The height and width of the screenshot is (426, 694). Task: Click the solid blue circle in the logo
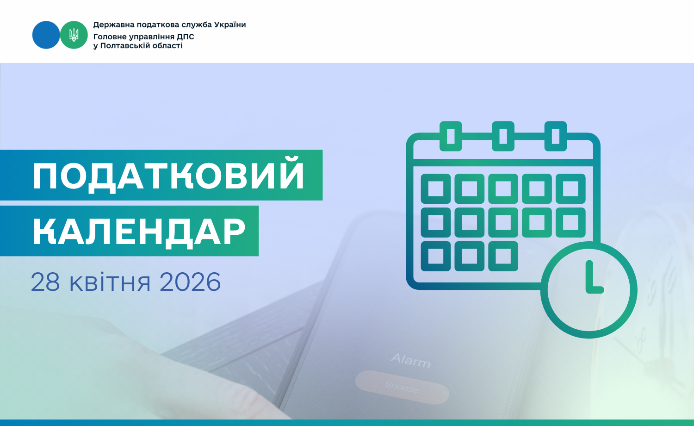point(46,35)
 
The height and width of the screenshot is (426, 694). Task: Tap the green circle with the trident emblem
point(74,35)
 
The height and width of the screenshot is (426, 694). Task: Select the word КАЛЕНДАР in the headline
point(139,232)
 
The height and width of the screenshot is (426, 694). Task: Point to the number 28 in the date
point(45,282)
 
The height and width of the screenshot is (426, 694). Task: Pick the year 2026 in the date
point(190,282)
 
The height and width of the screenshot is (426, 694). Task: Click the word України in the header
point(230,25)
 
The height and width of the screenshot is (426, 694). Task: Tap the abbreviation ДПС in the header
point(185,37)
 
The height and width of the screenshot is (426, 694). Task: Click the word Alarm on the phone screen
point(411,361)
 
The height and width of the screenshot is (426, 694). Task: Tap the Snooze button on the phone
point(402,387)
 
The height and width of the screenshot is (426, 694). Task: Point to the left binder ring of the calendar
point(451,136)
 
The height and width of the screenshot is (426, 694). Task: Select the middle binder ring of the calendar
point(503,136)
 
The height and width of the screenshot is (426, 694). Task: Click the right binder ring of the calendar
point(556,136)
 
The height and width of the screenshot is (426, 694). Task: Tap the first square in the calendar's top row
point(436,188)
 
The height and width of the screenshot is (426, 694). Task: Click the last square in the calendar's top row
point(570,188)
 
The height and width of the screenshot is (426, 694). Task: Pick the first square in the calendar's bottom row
point(436,256)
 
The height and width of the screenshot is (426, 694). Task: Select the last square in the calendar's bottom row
point(503,256)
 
